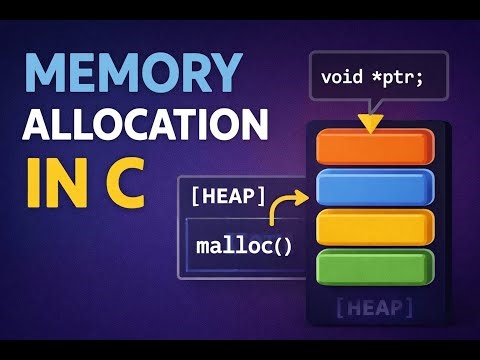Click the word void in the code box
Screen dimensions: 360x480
pos(343,76)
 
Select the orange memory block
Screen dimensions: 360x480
pos(374,147)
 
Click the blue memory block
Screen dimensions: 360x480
pos(374,187)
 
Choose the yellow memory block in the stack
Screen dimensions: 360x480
pos(374,226)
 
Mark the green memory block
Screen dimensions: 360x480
pos(374,266)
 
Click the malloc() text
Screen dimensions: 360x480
pos(244,243)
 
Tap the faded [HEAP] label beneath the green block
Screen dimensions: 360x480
pos(373,304)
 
